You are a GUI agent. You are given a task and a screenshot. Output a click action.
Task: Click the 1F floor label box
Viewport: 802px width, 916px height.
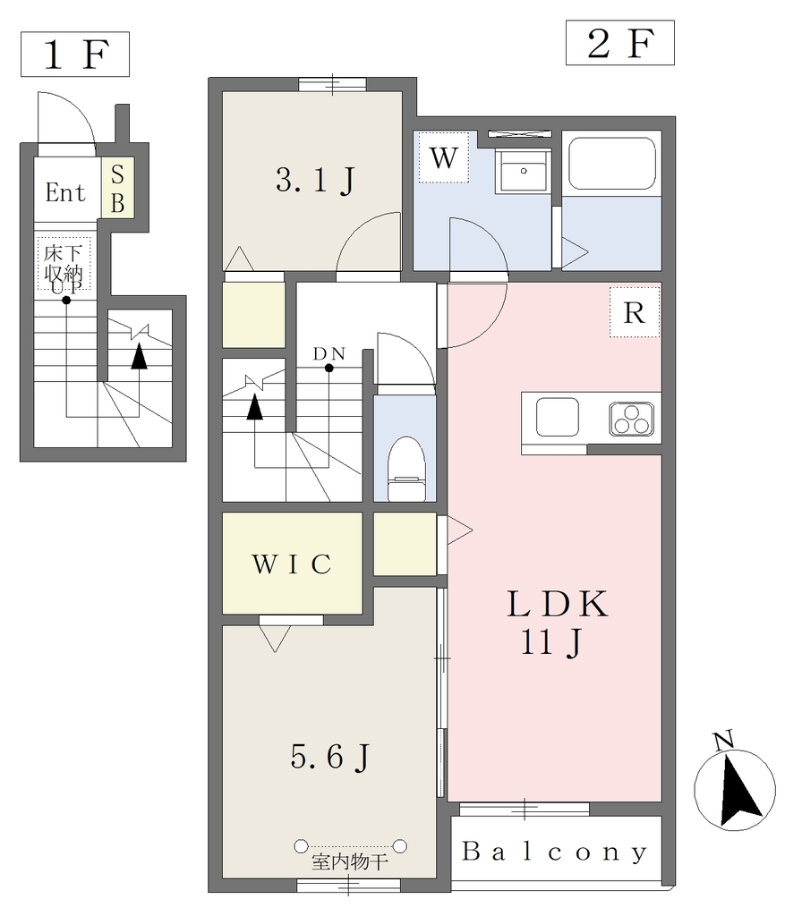(75, 55)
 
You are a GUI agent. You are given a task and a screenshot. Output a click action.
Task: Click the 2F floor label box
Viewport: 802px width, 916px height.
(619, 43)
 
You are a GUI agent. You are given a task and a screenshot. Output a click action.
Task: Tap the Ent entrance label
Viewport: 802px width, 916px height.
(65, 192)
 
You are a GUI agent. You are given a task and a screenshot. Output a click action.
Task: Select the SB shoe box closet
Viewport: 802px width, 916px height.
(117, 188)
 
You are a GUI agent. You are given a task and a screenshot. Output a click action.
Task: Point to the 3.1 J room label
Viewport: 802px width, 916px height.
(315, 180)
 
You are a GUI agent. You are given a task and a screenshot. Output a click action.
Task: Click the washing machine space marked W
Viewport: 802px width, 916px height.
(444, 157)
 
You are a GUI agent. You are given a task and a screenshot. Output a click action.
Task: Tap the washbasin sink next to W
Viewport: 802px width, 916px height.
(523, 171)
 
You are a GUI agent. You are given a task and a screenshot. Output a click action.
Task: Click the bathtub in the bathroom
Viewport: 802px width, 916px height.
(612, 164)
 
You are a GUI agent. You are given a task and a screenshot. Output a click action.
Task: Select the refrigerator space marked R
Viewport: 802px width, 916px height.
(635, 312)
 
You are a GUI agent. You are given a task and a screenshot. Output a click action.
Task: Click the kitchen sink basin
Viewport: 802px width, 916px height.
(557, 417)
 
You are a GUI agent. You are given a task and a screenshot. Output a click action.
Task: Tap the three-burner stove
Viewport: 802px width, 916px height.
(632, 419)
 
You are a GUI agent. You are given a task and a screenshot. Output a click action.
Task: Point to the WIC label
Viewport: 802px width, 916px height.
(293, 564)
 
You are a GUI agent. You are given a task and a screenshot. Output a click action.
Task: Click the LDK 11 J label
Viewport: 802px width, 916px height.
(557, 623)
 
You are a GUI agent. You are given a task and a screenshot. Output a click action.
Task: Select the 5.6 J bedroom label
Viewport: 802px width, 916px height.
(330, 757)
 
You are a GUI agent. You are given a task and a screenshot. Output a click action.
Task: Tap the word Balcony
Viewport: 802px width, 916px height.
(555, 852)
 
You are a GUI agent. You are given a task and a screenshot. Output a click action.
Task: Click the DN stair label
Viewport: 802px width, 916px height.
(329, 354)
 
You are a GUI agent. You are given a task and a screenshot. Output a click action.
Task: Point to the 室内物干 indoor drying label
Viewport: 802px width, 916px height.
(350, 861)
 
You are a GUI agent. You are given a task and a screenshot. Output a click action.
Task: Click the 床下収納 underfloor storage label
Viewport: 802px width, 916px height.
(64, 264)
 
